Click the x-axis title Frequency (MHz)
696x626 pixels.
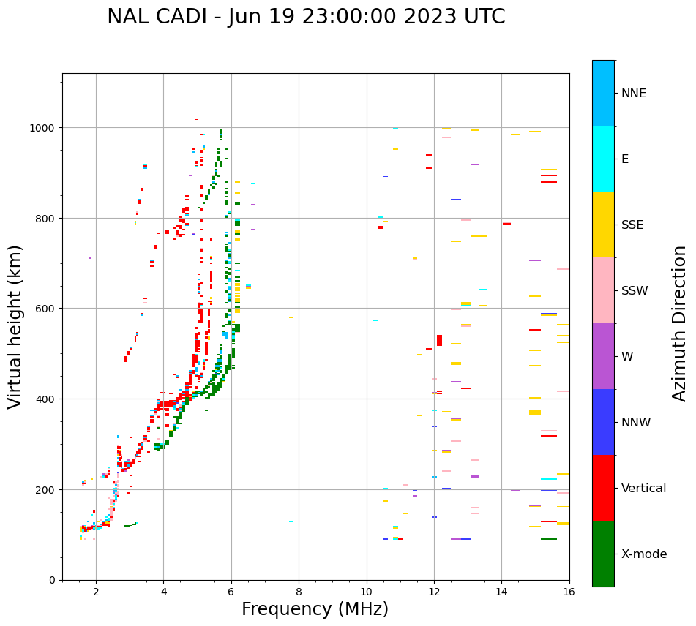(x=315, y=609)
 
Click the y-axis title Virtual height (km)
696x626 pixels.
(x=15, y=326)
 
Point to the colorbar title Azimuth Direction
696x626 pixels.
(x=680, y=323)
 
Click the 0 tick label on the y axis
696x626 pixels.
(x=51, y=580)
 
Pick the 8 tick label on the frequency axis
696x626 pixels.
(x=299, y=592)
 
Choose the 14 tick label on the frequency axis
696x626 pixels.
(x=501, y=592)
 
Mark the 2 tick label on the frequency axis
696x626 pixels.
(x=96, y=592)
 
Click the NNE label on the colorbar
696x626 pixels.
(x=634, y=94)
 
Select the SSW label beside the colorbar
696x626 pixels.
(x=635, y=291)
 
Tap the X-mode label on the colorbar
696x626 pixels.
(x=644, y=554)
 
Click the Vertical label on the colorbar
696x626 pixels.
(x=644, y=489)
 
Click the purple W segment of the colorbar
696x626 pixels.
(x=603, y=356)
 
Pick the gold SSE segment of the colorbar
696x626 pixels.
(x=603, y=225)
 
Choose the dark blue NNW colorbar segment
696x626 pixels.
(x=603, y=422)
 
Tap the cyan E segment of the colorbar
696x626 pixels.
(x=603, y=159)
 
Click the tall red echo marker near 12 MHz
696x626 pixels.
(x=439, y=340)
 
